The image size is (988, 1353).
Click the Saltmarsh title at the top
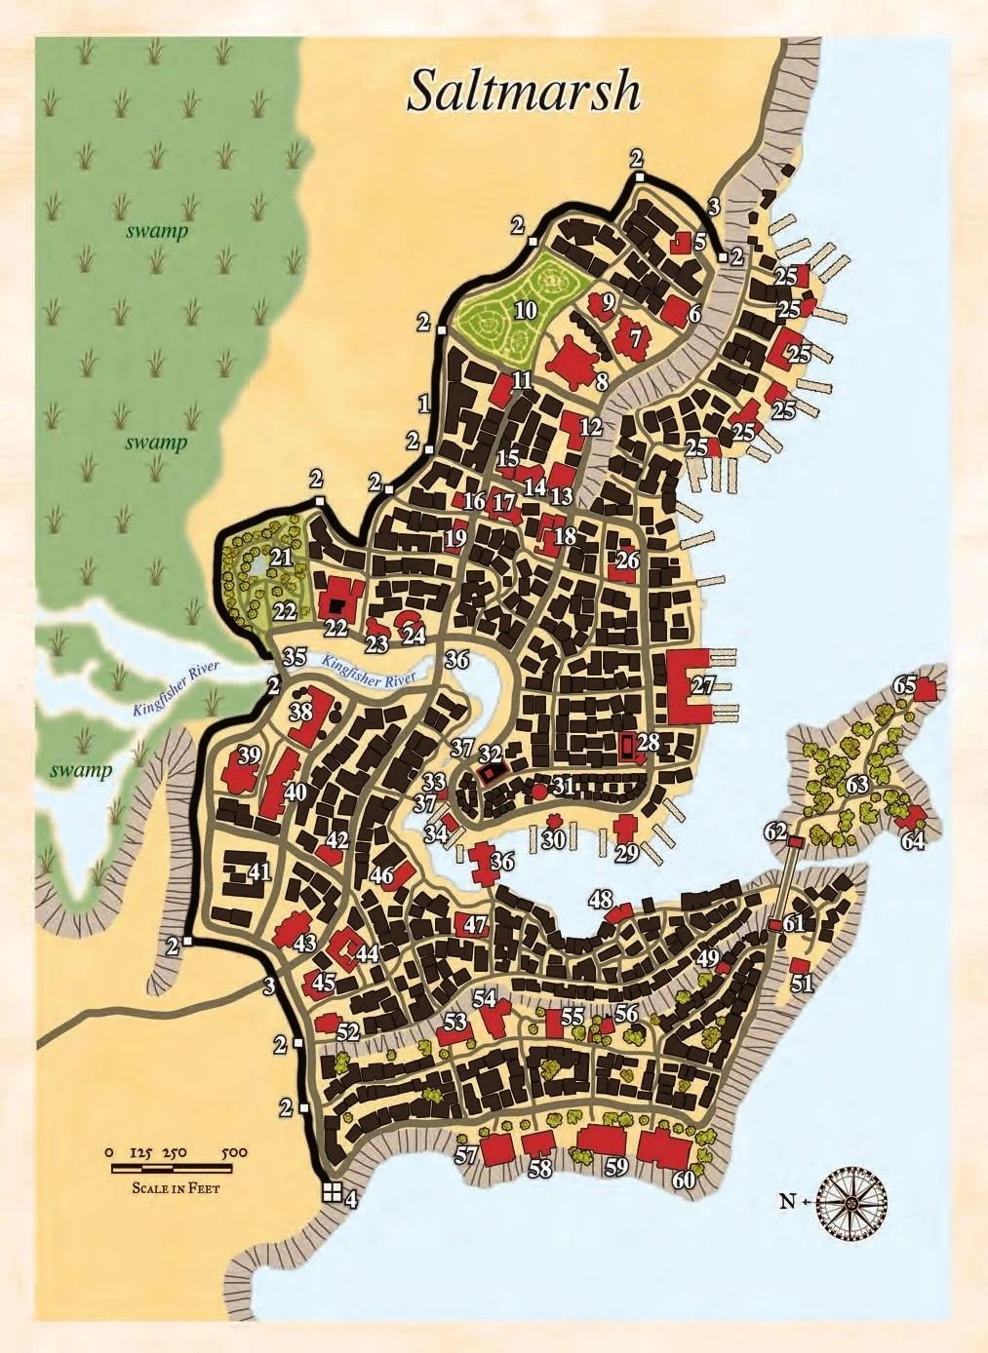[x=523, y=92]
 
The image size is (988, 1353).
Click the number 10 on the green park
[x=526, y=311]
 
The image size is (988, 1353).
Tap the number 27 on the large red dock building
[x=702, y=685]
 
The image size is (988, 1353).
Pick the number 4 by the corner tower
[x=351, y=1200]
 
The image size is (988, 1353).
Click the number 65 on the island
[x=904, y=685]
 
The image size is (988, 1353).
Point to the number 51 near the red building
[x=802, y=984]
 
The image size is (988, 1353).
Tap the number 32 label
[x=491, y=754]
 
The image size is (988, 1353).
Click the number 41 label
[x=258, y=871]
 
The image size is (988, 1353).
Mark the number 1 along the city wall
[x=423, y=402]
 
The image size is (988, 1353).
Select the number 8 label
[x=602, y=382]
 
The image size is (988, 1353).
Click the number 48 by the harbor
[x=601, y=898]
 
